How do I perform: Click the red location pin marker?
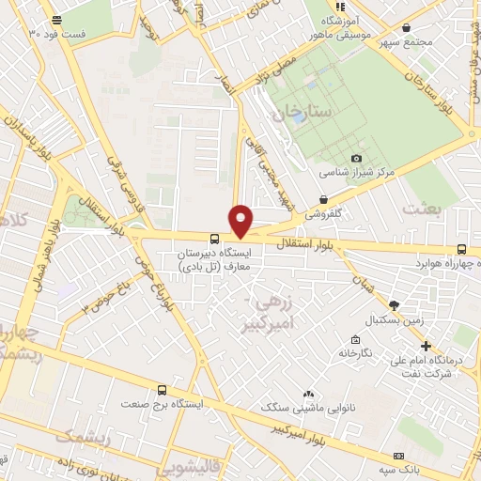pos(241,220)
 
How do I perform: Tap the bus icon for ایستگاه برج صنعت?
pos(163,390)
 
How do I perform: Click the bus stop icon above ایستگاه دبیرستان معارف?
pos(214,239)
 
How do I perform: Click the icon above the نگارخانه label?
pos(355,339)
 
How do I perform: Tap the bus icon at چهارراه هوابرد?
pos(461,248)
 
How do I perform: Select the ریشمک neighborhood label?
pos(83,438)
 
